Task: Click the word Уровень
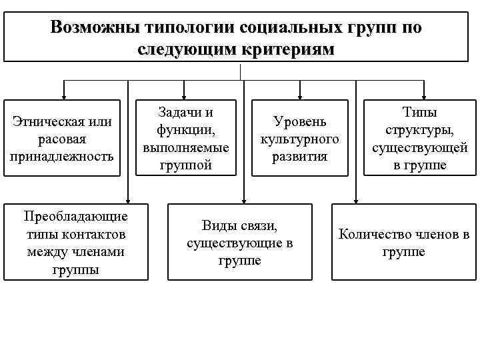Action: tap(299, 122)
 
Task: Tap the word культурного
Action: tap(299, 139)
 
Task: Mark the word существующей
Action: tap(419, 147)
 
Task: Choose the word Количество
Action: tap(375, 234)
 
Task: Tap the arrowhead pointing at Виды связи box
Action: tap(244, 199)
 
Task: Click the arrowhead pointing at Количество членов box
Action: tap(356, 199)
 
